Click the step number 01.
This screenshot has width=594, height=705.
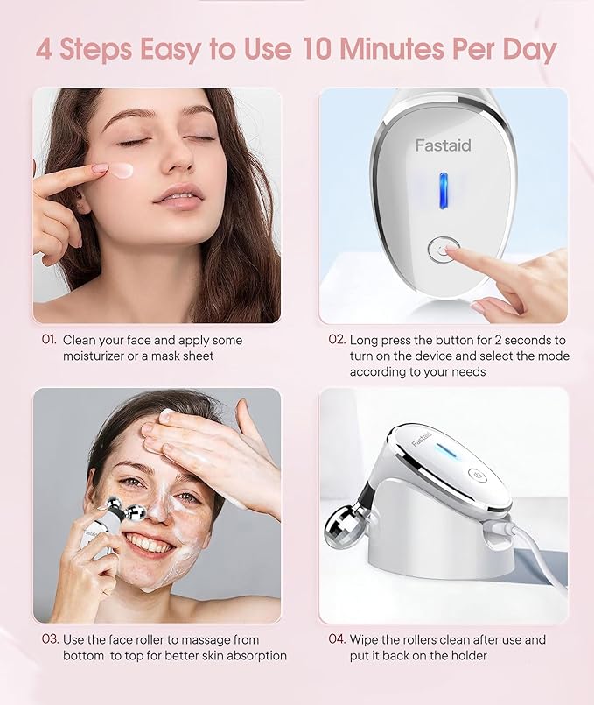48,339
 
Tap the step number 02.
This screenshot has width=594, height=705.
337,339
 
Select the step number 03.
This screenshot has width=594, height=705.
49,639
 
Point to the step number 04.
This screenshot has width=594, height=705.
337,639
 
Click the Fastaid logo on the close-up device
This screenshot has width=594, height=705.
443,145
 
